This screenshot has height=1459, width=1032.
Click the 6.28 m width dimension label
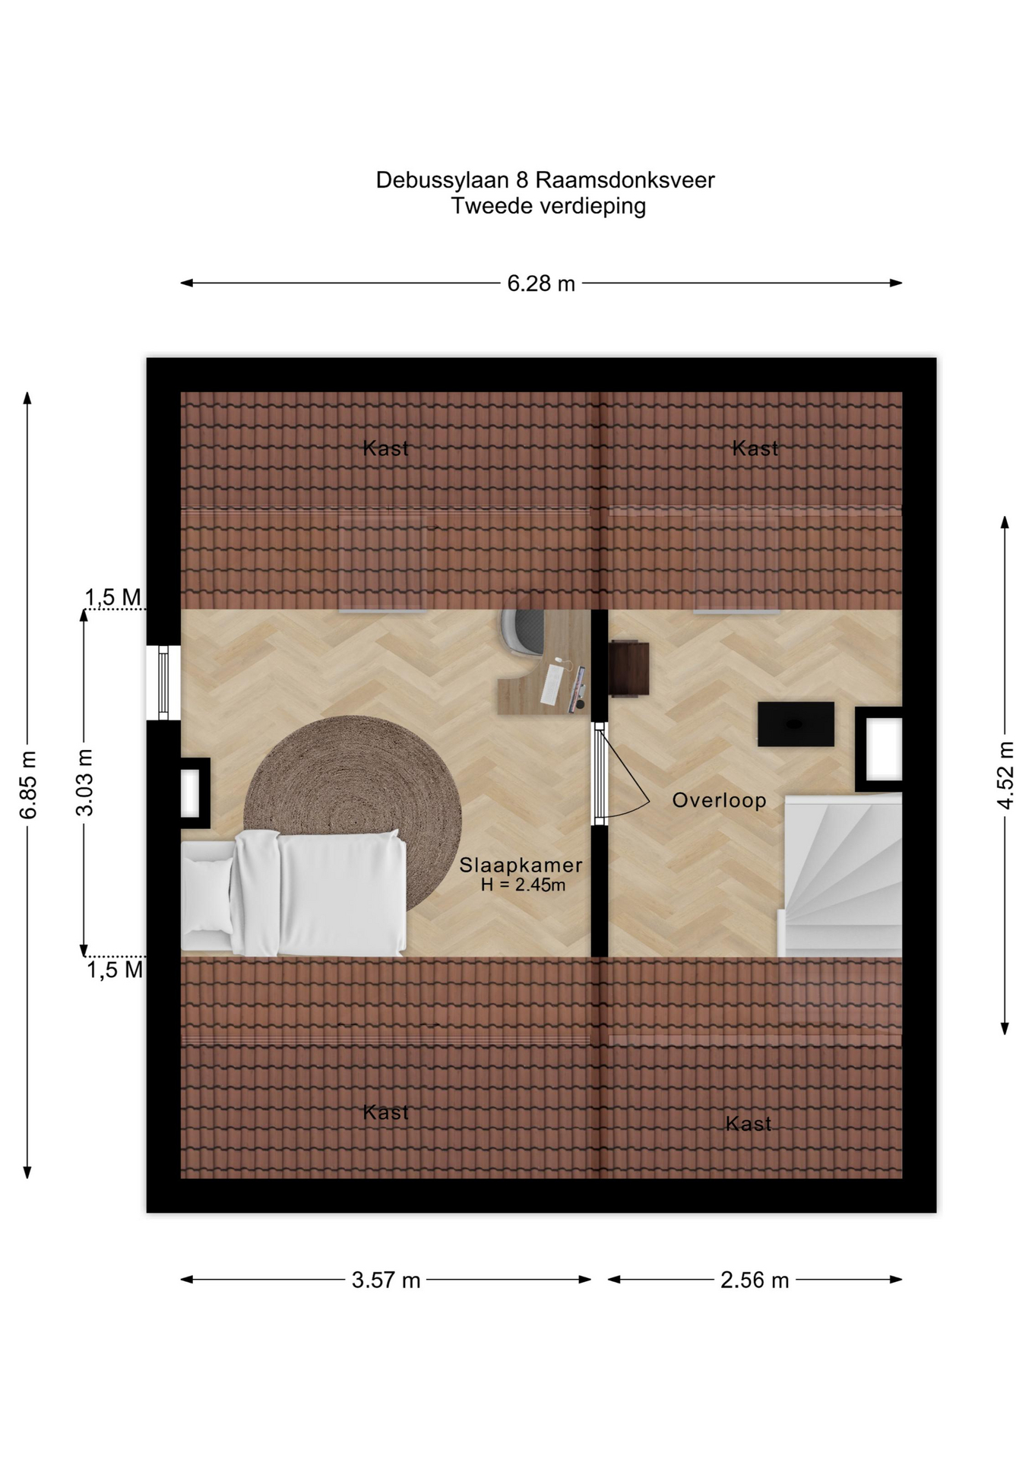point(540,283)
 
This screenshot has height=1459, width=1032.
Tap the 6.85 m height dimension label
point(27,784)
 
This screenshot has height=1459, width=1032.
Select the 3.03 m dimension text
point(84,782)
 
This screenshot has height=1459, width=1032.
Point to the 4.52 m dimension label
point(1005,775)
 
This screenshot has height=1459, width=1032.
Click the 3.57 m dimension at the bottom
point(386,1280)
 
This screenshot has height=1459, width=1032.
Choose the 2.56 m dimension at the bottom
point(755,1280)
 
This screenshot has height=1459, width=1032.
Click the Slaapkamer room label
point(521,865)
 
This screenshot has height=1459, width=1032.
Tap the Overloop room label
point(720,800)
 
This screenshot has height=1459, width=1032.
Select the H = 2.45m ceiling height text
point(524,885)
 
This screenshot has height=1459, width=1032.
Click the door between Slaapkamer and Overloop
point(600,774)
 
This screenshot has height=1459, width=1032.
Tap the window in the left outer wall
point(163,682)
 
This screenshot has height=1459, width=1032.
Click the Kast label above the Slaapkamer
point(386,448)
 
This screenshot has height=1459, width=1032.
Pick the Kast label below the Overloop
point(749,1124)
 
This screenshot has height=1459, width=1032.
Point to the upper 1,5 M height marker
point(113,598)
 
